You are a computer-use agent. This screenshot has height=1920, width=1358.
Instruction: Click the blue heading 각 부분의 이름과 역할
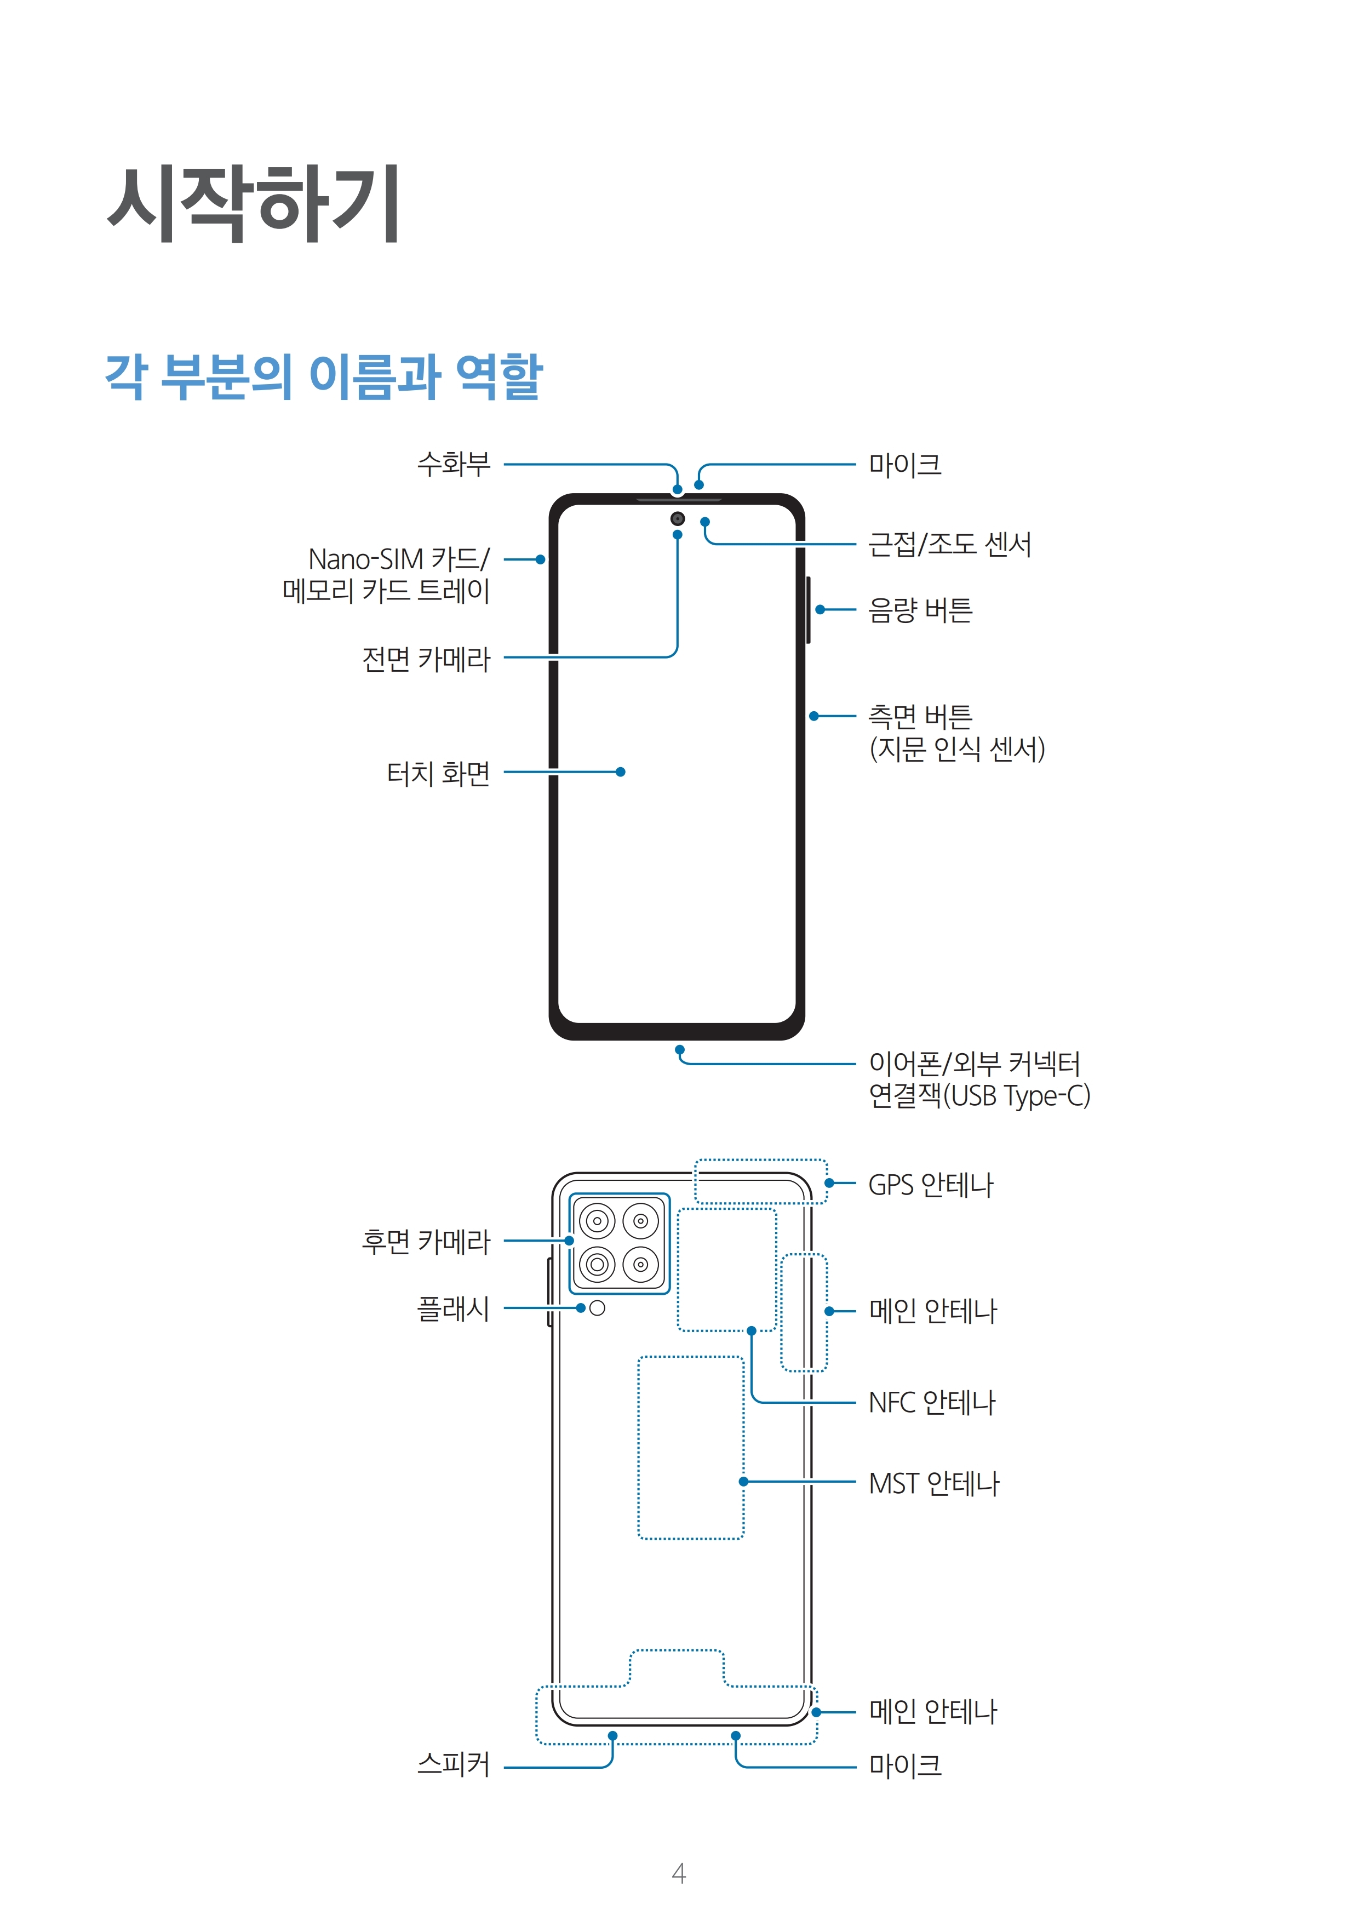324,376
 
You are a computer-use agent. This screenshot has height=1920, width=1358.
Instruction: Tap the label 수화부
454,464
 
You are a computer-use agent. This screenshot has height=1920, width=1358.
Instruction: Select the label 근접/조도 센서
950,545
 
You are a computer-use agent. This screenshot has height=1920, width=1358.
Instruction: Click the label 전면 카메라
426,659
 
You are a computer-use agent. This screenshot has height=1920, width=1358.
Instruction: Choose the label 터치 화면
438,773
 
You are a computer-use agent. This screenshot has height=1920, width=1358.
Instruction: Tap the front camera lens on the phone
677,518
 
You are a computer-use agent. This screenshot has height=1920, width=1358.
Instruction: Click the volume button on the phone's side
808,610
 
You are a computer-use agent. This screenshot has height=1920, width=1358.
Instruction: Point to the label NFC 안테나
931,1402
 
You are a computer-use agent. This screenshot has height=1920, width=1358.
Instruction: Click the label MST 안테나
934,1483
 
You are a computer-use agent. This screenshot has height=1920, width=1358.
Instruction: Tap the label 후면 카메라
426,1241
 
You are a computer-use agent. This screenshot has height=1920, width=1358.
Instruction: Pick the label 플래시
453,1308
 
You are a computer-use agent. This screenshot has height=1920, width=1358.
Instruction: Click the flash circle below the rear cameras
597,1308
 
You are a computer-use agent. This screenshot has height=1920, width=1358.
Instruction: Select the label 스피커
453,1764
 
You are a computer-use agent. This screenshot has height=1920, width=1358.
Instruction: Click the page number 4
679,1873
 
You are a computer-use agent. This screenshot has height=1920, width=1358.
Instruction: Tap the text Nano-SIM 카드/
399,558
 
